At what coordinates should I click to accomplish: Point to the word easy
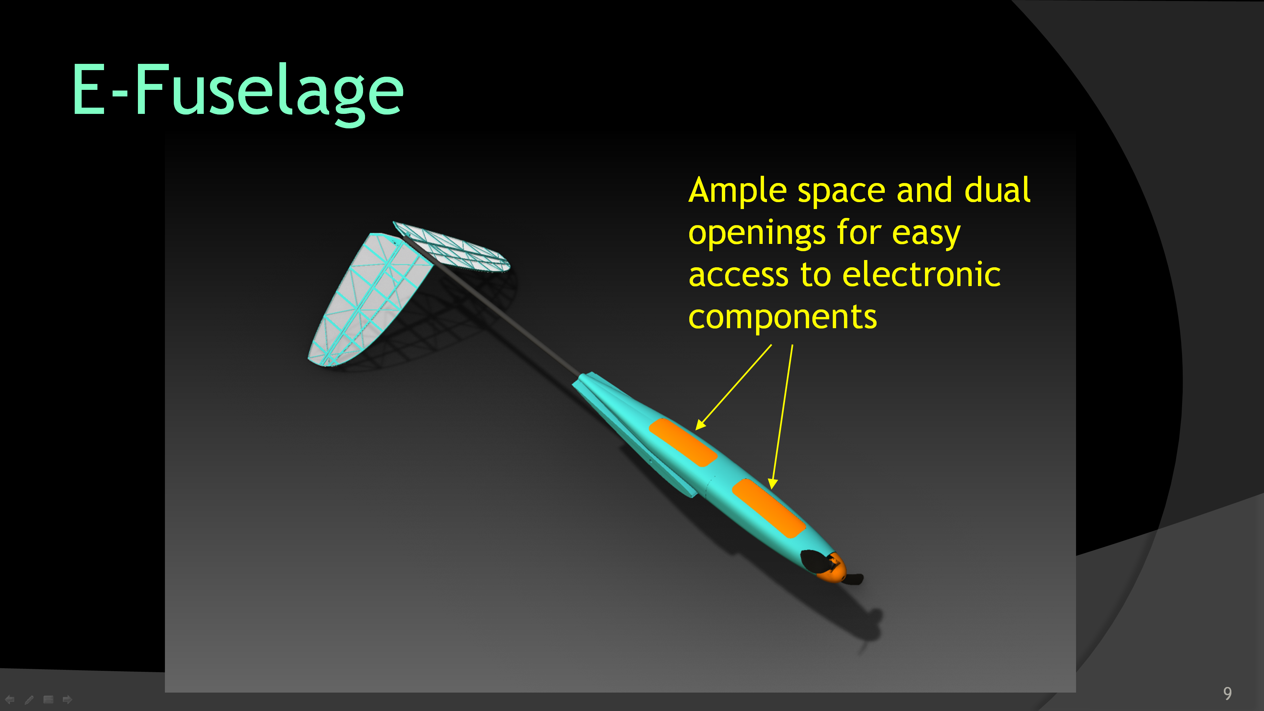pyautogui.click(x=925, y=234)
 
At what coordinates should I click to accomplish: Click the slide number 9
pyautogui.click(x=1227, y=693)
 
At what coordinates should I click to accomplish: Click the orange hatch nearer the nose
pyautogui.click(x=768, y=508)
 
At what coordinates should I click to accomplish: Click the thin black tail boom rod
pyautogui.click(x=505, y=316)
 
